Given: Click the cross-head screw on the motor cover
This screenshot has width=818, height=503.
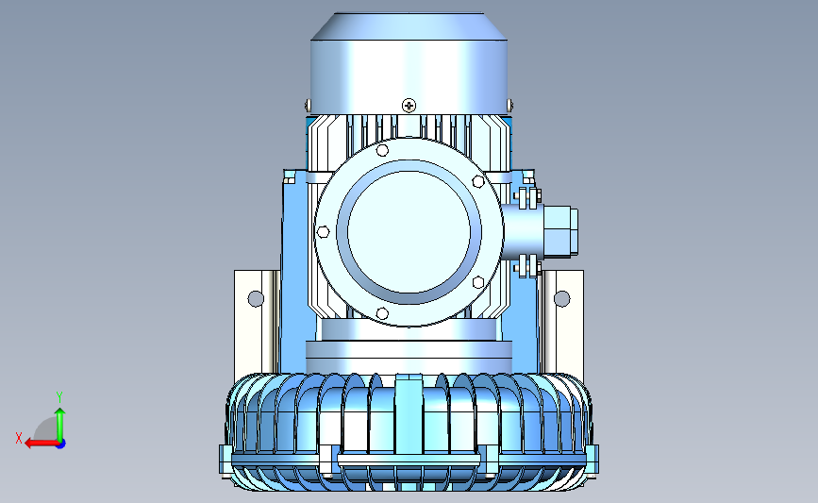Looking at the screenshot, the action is pos(409,106).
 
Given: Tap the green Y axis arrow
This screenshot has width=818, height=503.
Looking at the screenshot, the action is pos(60,425).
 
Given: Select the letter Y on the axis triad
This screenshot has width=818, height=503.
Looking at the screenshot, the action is pos(59,397).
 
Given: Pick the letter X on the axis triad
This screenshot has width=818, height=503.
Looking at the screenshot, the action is pos(19,438).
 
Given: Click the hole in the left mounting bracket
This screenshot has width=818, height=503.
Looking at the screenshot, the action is pos(256,299).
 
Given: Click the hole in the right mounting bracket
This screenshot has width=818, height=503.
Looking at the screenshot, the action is pos(562,299).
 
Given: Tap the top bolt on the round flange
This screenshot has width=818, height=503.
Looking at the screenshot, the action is pos(382,150).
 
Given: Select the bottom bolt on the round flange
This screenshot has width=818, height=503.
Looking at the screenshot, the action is pos(382,313).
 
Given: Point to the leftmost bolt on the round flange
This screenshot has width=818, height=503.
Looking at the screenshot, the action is pos(323,231).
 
